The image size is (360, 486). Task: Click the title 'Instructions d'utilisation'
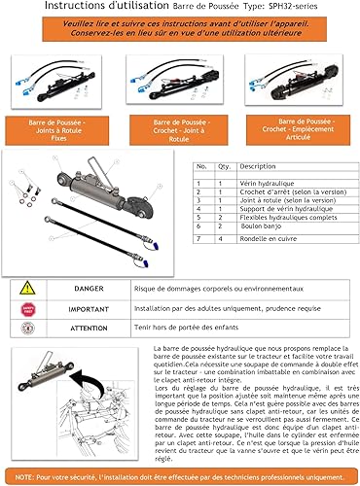(79, 7)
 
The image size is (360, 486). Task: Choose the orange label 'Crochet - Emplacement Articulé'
(303, 129)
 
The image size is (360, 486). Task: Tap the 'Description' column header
(259, 166)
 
